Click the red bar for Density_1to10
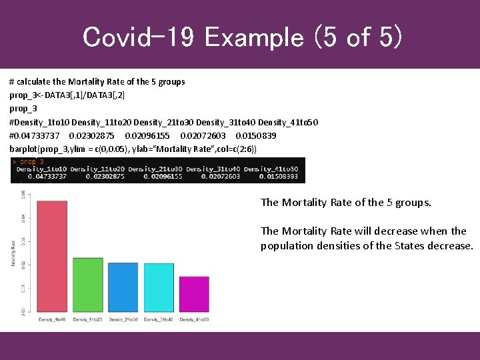[51, 257]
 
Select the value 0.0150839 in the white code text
[256, 135]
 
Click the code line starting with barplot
[133, 148]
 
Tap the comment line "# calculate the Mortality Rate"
[97, 82]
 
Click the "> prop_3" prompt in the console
[28, 162]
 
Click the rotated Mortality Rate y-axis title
[13, 253]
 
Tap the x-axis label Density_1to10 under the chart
[51, 321]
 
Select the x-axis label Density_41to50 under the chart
[194, 321]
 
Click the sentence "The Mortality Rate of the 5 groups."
[345, 203]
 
